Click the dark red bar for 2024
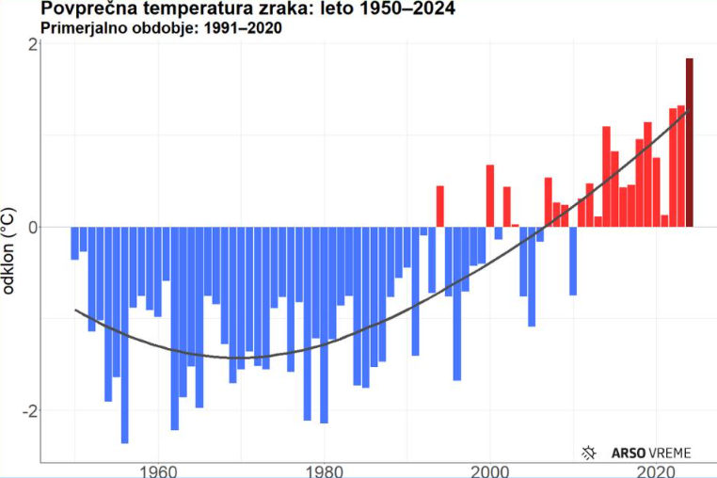[690, 142]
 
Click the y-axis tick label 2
[33, 44]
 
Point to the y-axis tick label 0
[33, 227]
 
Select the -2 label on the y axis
[30, 410]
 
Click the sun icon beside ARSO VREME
[589, 453]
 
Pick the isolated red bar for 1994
[439, 206]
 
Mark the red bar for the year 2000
[490, 196]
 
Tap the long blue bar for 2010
[573, 261]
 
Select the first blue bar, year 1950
[75, 243]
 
